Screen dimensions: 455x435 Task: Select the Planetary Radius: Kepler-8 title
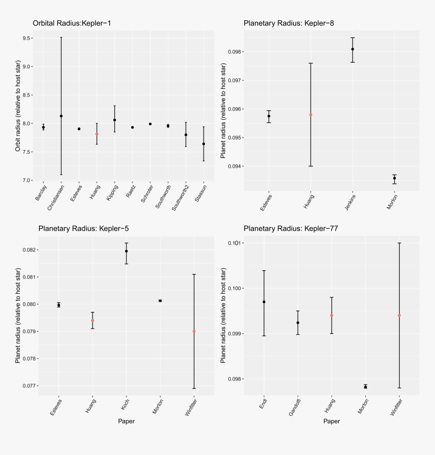pyautogui.click(x=289, y=23)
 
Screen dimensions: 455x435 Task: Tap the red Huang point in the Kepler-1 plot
pyautogui.click(x=97, y=134)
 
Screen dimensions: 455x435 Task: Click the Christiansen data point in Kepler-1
pyautogui.click(x=61, y=116)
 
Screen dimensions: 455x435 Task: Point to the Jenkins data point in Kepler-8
pyautogui.click(x=353, y=49)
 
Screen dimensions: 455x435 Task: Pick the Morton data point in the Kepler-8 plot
pyautogui.click(x=395, y=178)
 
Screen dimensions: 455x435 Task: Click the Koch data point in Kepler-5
pyautogui.click(x=126, y=251)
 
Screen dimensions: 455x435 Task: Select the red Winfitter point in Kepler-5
pyautogui.click(x=194, y=332)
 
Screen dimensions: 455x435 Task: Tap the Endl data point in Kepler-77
pyautogui.click(x=264, y=302)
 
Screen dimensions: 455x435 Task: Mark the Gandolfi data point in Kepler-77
pyautogui.click(x=298, y=323)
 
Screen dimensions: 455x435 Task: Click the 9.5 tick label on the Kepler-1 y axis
pyautogui.click(x=28, y=38)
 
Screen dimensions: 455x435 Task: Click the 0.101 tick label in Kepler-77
pyautogui.click(x=248, y=243)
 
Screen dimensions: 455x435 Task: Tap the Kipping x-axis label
pyautogui.click(x=112, y=192)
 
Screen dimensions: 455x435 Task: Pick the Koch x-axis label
pyautogui.click(x=124, y=403)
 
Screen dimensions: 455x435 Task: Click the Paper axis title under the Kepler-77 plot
pyautogui.click(x=331, y=421)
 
